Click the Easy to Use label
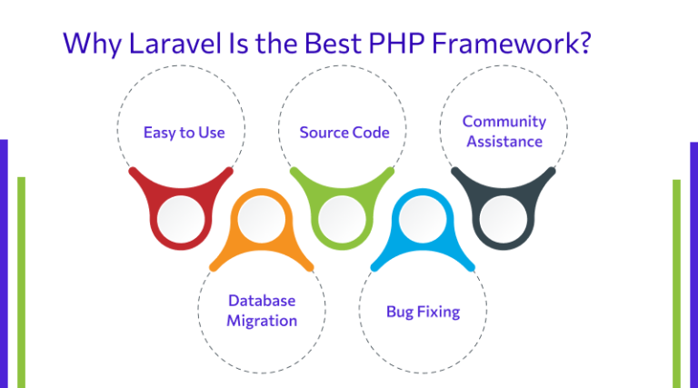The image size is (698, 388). click(x=184, y=133)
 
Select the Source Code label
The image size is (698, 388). click(x=344, y=133)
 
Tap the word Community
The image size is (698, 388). click(x=504, y=121)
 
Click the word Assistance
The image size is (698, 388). click(x=504, y=141)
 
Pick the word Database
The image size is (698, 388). click(x=262, y=301)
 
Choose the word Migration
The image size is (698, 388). click(x=262, y=321)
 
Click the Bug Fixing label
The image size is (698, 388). click(x=423, y=312)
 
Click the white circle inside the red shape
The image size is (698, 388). click(x=181, y=217)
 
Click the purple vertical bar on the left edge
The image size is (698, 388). click(x=4, y=264)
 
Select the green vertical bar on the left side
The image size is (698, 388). click(x=21, y=282)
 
